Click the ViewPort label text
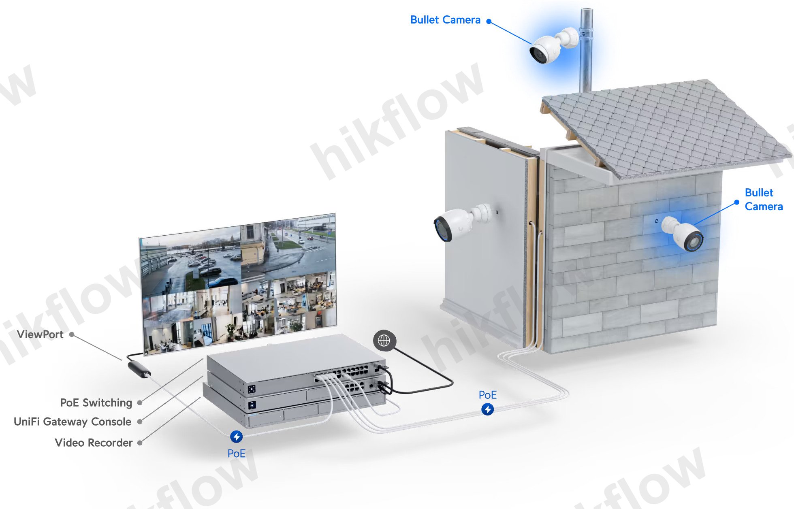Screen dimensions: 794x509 40,334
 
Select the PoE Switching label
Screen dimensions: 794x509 96,403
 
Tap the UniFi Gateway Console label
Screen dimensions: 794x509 73,422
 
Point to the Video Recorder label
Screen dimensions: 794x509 94,443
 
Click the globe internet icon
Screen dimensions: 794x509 384,341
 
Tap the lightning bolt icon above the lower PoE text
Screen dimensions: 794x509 237,437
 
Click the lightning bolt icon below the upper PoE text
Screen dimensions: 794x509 488,409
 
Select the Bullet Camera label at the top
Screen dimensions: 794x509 445,20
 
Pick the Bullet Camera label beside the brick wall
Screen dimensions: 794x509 764,200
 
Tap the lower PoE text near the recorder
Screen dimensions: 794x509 237,454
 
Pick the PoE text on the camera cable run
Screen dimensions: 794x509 488,395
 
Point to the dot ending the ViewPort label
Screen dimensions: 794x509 72,334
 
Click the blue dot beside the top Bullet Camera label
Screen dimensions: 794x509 489,21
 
